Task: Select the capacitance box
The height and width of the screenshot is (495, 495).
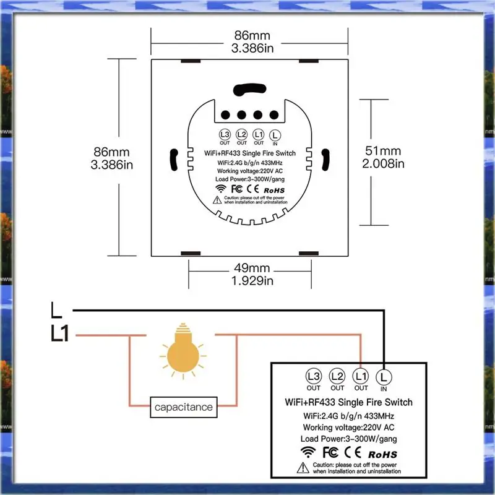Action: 183,407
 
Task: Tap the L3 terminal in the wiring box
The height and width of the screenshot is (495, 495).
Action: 313,376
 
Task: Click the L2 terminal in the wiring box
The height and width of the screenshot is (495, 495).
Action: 337,376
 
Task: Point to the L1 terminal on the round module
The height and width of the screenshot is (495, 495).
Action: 259,135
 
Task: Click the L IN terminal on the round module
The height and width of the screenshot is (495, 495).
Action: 275,135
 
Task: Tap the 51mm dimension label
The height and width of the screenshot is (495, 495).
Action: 383,151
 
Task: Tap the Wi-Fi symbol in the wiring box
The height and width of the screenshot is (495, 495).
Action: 307,451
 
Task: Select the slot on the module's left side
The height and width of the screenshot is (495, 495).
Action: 174,158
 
